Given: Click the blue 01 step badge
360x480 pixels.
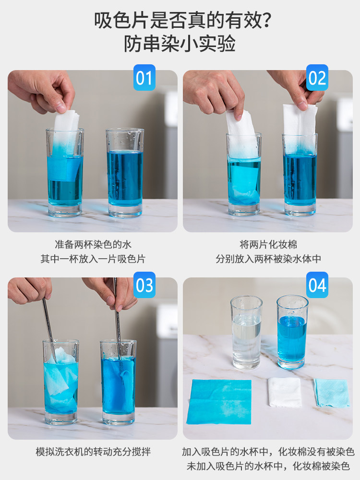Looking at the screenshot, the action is [x=144, y=77].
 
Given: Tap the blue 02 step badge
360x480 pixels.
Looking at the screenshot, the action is [x=317, y=77].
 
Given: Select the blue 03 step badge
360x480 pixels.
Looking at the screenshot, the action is [x=144, y=285].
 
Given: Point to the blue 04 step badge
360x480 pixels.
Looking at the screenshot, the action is [x=317, y=285].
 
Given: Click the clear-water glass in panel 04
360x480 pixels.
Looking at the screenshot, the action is [x=246, y=333].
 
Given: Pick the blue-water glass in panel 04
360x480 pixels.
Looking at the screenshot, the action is [x=292, y=332].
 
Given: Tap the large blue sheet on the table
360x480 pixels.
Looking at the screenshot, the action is [x=219, y=402].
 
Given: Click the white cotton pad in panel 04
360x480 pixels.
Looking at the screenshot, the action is [x=285, y=392].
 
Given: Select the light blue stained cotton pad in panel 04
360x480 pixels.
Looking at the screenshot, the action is [x=332, y=393].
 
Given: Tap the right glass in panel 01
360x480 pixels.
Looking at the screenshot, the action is [x=125, y=172].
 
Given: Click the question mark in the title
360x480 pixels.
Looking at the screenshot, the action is [x=266, y=21].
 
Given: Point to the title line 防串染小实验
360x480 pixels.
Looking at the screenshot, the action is [x=180, y=44].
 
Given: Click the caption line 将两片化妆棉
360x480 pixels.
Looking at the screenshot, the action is [x=268, y=244].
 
